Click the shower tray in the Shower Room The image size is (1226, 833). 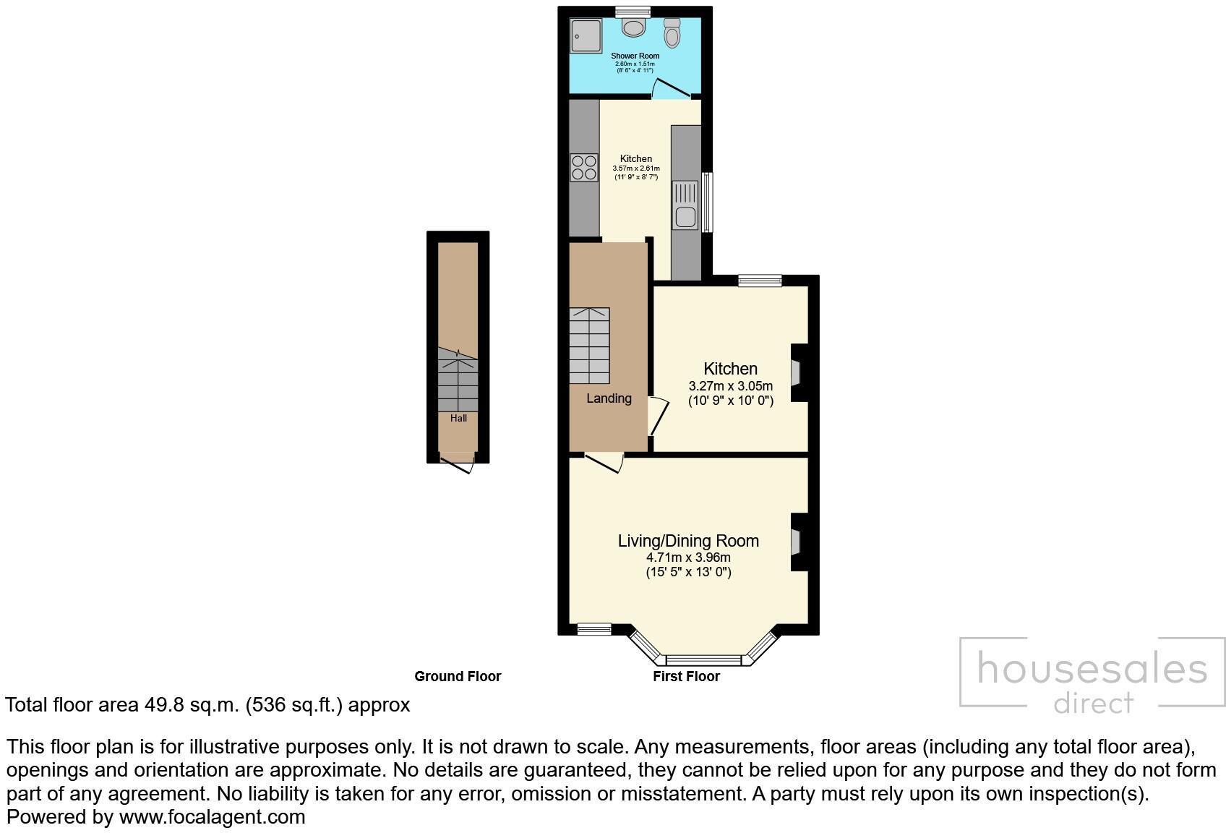[586, 35]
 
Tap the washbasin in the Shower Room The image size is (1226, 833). [634, 27]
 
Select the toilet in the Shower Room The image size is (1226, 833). [672, 33]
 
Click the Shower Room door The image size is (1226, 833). [671, 89]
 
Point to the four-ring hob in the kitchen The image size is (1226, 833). [584, 168]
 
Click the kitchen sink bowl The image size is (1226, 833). [685, 216]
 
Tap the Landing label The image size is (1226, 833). [609, 398]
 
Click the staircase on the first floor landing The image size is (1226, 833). [590, 346]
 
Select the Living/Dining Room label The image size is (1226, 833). [688, 541]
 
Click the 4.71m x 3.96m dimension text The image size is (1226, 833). [688, 558]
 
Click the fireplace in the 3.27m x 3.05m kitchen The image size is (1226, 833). [797, 372]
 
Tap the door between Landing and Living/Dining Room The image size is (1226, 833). [604, 464]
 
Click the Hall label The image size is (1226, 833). [458, 418]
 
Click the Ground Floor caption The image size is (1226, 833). [458, 676]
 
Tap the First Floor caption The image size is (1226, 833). [686, 676]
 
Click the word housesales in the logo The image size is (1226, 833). [1092, 669]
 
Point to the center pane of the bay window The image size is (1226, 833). [703, 659]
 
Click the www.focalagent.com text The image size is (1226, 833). [212, 817]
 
